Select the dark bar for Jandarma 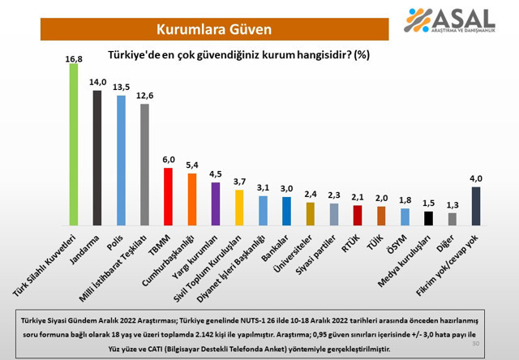point(97,157)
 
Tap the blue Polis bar point(121,160)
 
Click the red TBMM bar point(168,196)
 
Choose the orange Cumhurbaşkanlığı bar point(192,199)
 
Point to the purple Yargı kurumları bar point(216,204)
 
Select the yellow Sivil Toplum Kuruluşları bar point(239,207)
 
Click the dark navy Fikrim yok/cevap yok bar point(476,206)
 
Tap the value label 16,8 point(73,58)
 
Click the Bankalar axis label point(279,245)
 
